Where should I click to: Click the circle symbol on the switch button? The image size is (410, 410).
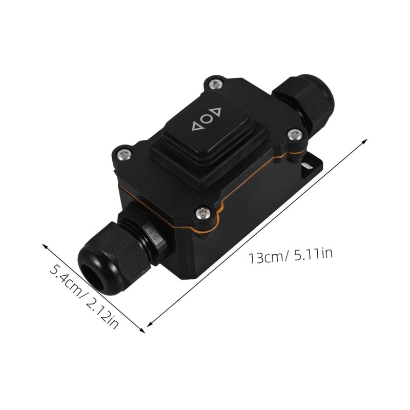pyautogui.click(x=207, y=119)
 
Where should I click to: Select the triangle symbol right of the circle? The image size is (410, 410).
pyautogui.click(x=216, y=112)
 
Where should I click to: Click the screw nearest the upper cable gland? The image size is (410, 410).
pyautogui.click(x=216, y=84)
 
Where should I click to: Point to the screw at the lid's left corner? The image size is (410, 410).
pyautogui.click(x=124, y=155)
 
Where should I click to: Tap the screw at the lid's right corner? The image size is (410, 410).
pyautogui.click(x=295, y=135)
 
